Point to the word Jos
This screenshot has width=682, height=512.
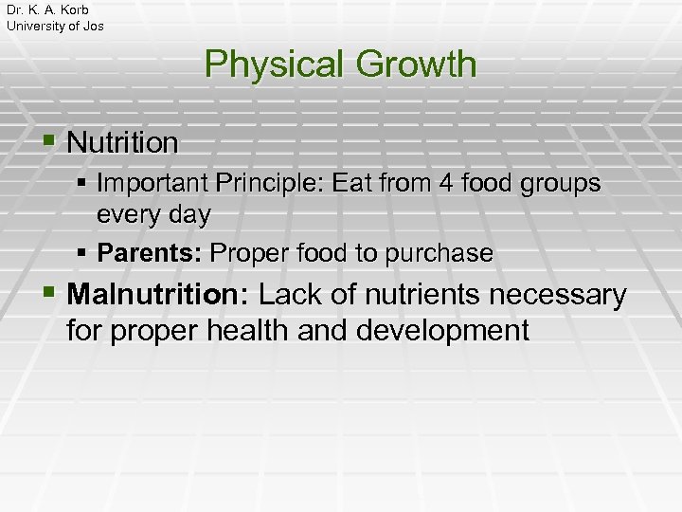93,26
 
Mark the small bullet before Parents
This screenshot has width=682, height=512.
82,253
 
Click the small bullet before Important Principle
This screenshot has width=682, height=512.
82,181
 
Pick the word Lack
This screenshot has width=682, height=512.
290,295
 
